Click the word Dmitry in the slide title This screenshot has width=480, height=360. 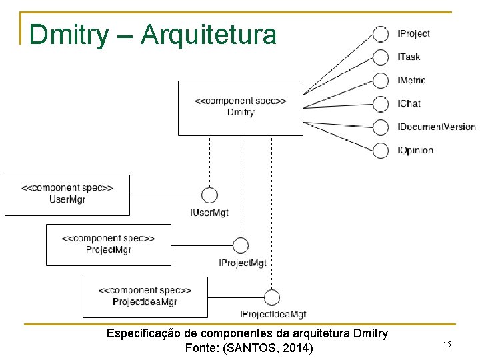click(x=67, y=35)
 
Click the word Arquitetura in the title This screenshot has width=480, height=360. click(x=209, y=35)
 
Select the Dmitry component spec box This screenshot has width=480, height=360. click(x=240, y=108)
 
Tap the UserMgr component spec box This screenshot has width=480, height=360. click(x=67, y=195)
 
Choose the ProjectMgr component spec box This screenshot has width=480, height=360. click(x=108, y=245)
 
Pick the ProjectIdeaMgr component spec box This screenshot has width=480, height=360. click(x=145, y=297)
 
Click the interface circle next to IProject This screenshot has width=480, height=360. click(x=381, y=34)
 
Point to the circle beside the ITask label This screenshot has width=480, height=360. click(x=381, y=57)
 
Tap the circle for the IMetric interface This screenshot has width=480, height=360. click(x=381, y=81)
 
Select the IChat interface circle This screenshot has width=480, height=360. click(x=381, y=104)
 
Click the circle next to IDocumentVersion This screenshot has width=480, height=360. click(x=381, y=127)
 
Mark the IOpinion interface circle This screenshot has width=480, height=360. click(x=381, y=150)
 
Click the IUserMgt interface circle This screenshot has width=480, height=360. click(x=209, y=195)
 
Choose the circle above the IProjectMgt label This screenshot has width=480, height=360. click(x=241, y=245)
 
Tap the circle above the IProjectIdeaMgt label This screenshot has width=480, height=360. click(x=271, y=297)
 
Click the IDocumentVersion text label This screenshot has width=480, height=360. click(x=437, y=127)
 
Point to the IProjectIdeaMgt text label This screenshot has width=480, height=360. click(x=273, y=314)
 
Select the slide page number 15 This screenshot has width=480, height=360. click(x=447, y=345)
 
